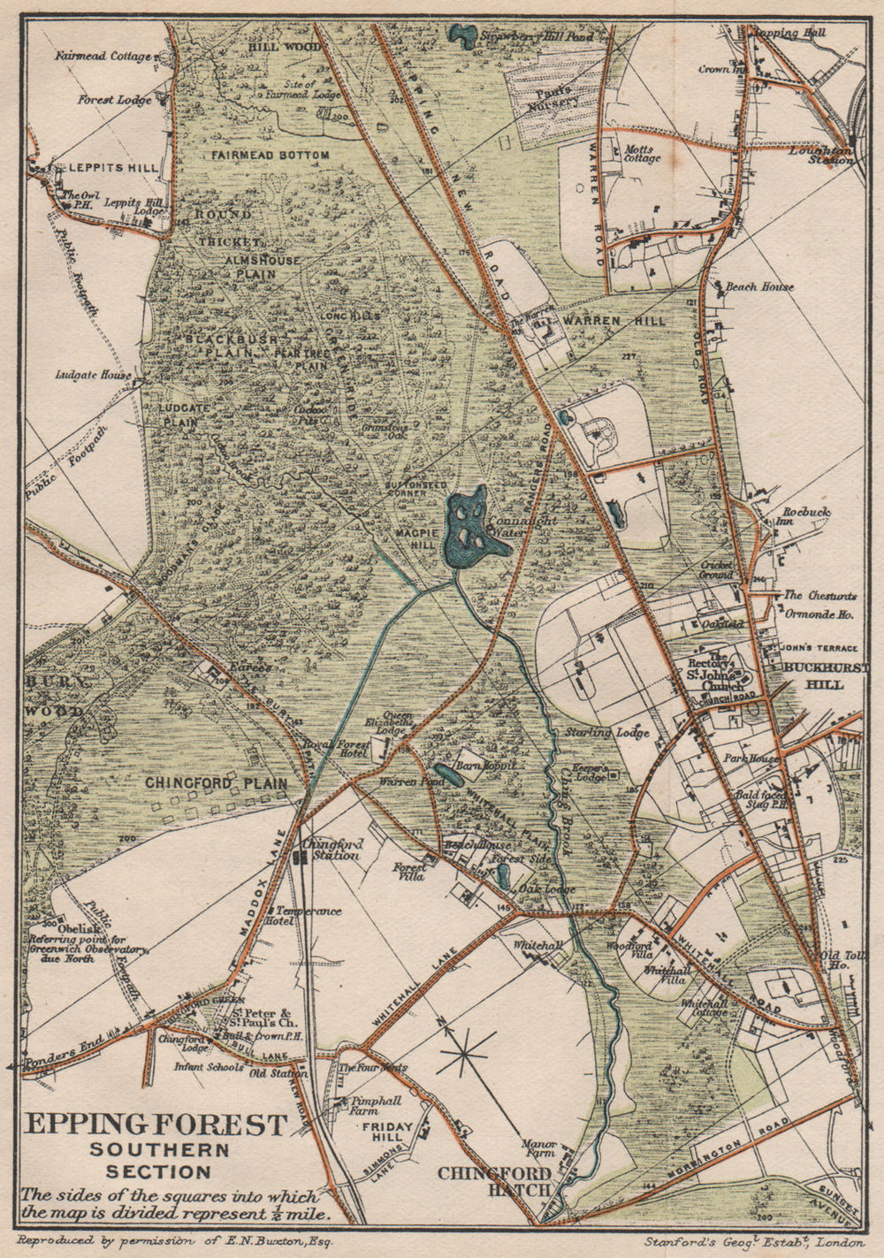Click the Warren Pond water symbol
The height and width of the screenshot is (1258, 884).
point(446,775)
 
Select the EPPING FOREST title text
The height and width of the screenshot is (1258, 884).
point(156,1125)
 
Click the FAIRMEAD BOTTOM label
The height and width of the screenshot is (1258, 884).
point(270,155)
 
